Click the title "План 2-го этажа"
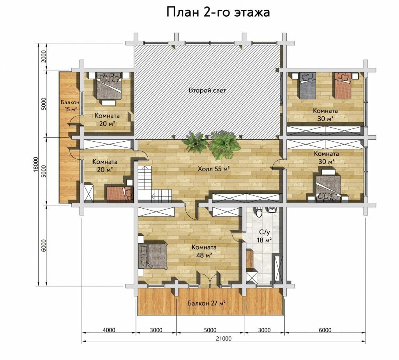(218, 12)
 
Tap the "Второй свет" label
(207, 90)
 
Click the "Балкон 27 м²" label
(207, 303)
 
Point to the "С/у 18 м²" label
(264, 236)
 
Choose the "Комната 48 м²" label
(204, 251)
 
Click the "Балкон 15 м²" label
(69, 106)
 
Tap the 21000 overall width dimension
(224, 338)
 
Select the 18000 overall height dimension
(35, 165)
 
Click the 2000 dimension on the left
(43, 56)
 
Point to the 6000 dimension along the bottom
(325, 330)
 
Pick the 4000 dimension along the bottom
(109, 330)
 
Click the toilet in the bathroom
(259, 212)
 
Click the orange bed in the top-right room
(343, 86)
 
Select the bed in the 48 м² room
(153, 256)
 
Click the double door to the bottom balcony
(209, 279)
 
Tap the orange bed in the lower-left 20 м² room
(120, 194)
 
